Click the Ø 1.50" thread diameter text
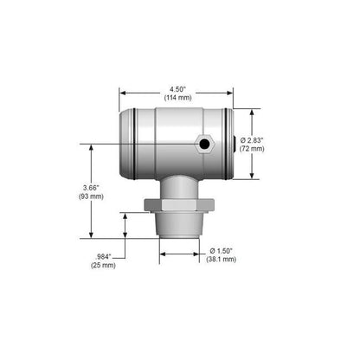[x=222, y=250]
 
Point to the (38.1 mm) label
[x=222, y=259]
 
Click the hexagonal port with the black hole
[x=205, y=143]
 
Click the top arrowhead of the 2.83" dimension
[x=252, y=112]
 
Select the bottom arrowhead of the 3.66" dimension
[x=93, y=235]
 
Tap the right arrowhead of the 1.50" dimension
[x=201, y=254]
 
